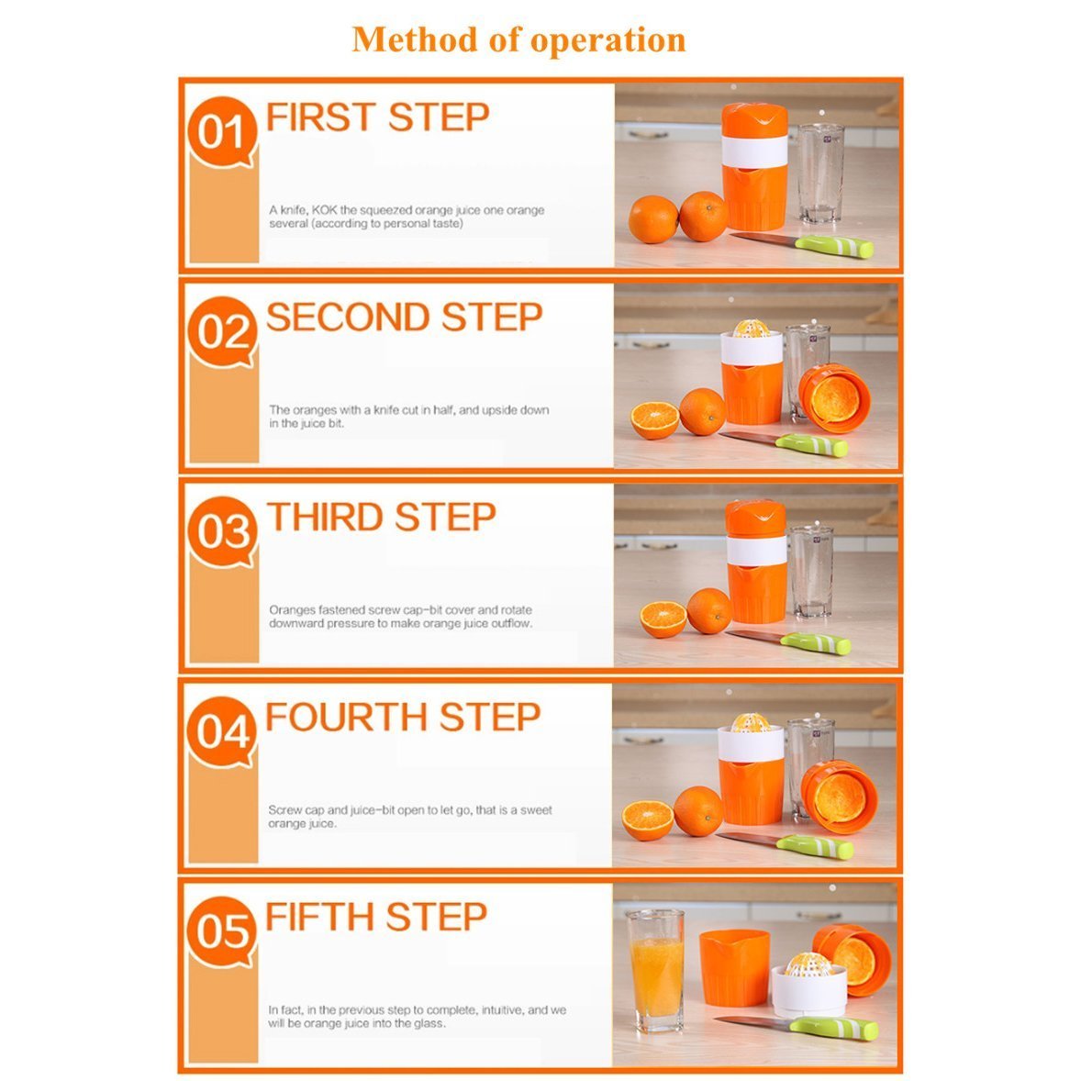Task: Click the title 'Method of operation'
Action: click(518, 39)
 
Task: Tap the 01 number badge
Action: click(221, 132)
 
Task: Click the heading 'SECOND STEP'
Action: click(404, 318)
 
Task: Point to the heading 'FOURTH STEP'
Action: click(403, 718)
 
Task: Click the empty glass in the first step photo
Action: click(820, 173)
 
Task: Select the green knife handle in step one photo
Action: click(834, 246)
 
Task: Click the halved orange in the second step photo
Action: click(655, 420)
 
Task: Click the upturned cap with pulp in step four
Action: click(839, 797)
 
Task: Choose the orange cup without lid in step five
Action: click(734, 966)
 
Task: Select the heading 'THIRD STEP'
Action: click(381, 518)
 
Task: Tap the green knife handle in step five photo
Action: click(834, 1028)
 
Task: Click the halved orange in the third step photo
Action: click(663, 619)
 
